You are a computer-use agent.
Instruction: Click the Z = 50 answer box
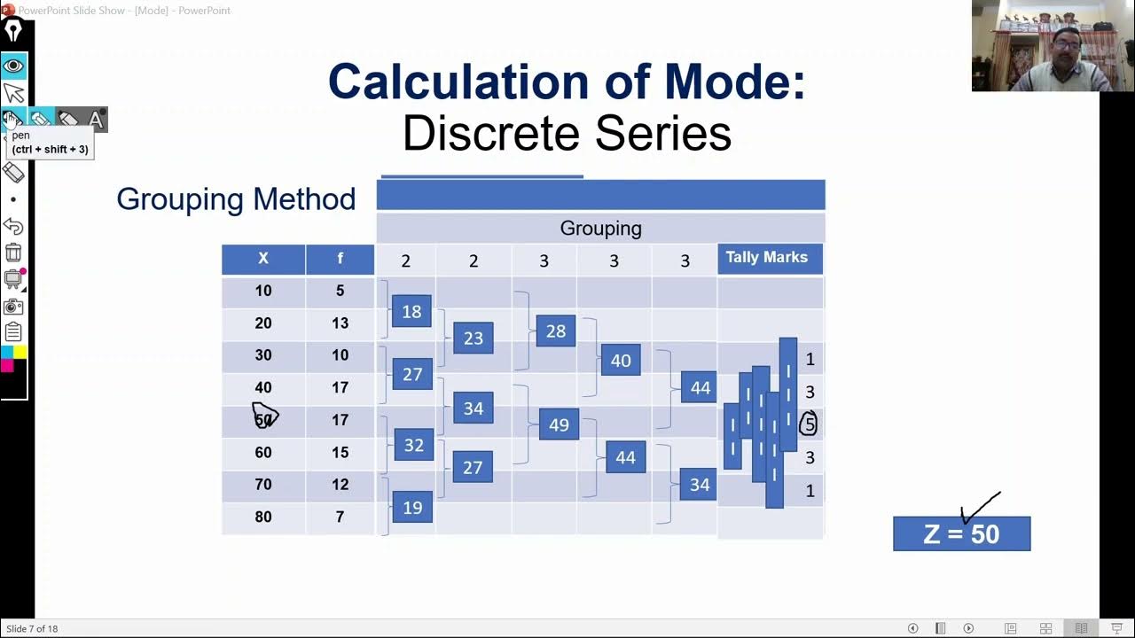point(961,534)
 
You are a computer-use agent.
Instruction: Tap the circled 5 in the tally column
point(809,424)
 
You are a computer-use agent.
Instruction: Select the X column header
point(263,259)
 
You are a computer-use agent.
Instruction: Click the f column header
point(340,259)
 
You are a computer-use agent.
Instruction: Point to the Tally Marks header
point(767,258)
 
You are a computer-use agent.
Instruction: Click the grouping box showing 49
point(559,424)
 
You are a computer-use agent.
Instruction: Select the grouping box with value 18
point(411,311)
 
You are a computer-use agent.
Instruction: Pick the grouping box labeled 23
point(474,338)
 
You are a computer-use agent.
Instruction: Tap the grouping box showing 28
point(556,331)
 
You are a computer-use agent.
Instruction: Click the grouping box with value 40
point(621,361)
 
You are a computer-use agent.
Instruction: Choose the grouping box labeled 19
point(412,507)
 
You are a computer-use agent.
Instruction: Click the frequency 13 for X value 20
point(340,323)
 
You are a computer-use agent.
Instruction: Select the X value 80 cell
point(263,517)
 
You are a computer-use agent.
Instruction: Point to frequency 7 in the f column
point(340,517)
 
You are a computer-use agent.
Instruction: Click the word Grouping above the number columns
point(600,229)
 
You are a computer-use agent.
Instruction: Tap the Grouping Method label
point(236,198)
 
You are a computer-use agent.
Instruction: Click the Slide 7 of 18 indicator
point(32,628)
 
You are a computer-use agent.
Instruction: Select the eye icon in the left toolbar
point(13,66)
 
